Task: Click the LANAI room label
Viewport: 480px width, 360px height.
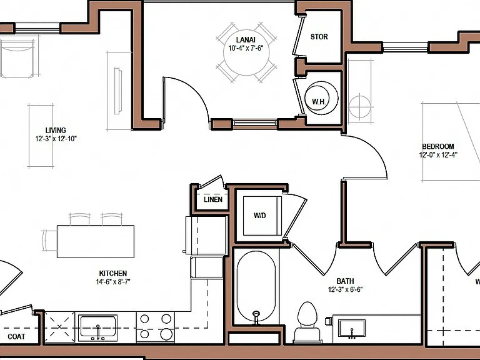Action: tap(246, 40)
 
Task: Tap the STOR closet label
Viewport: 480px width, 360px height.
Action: tap(319, 37)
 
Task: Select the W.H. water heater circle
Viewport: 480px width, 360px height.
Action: tap(321, 98)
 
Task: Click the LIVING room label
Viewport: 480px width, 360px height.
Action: tap(56, 131)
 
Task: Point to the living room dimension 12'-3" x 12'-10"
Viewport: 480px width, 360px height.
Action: tap(56, 139)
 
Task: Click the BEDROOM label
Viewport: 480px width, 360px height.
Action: tap(438, 146)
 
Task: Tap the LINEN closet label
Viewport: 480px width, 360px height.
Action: tap(213, 199)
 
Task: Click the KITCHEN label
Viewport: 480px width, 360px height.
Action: tap(113, 273)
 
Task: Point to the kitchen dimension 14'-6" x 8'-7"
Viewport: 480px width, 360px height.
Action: tap(113, 282)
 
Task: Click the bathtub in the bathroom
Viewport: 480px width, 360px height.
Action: tap(256, 286)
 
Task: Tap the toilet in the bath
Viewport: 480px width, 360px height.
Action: tap(307, 322)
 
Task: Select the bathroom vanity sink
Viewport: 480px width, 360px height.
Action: tap(352, 329)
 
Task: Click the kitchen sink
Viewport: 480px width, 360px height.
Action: tap(98, 327)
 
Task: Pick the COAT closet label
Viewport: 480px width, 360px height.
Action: tap(16, 337)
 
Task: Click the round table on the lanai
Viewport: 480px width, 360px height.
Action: tap(246, 52)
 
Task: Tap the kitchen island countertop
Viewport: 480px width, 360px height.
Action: tap(96, 241)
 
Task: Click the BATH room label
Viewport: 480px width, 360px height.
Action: tap(345, 281)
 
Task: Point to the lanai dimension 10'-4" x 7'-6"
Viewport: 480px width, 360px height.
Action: tap(246, 48)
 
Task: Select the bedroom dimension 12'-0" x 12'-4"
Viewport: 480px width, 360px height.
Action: tap(438, 155)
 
